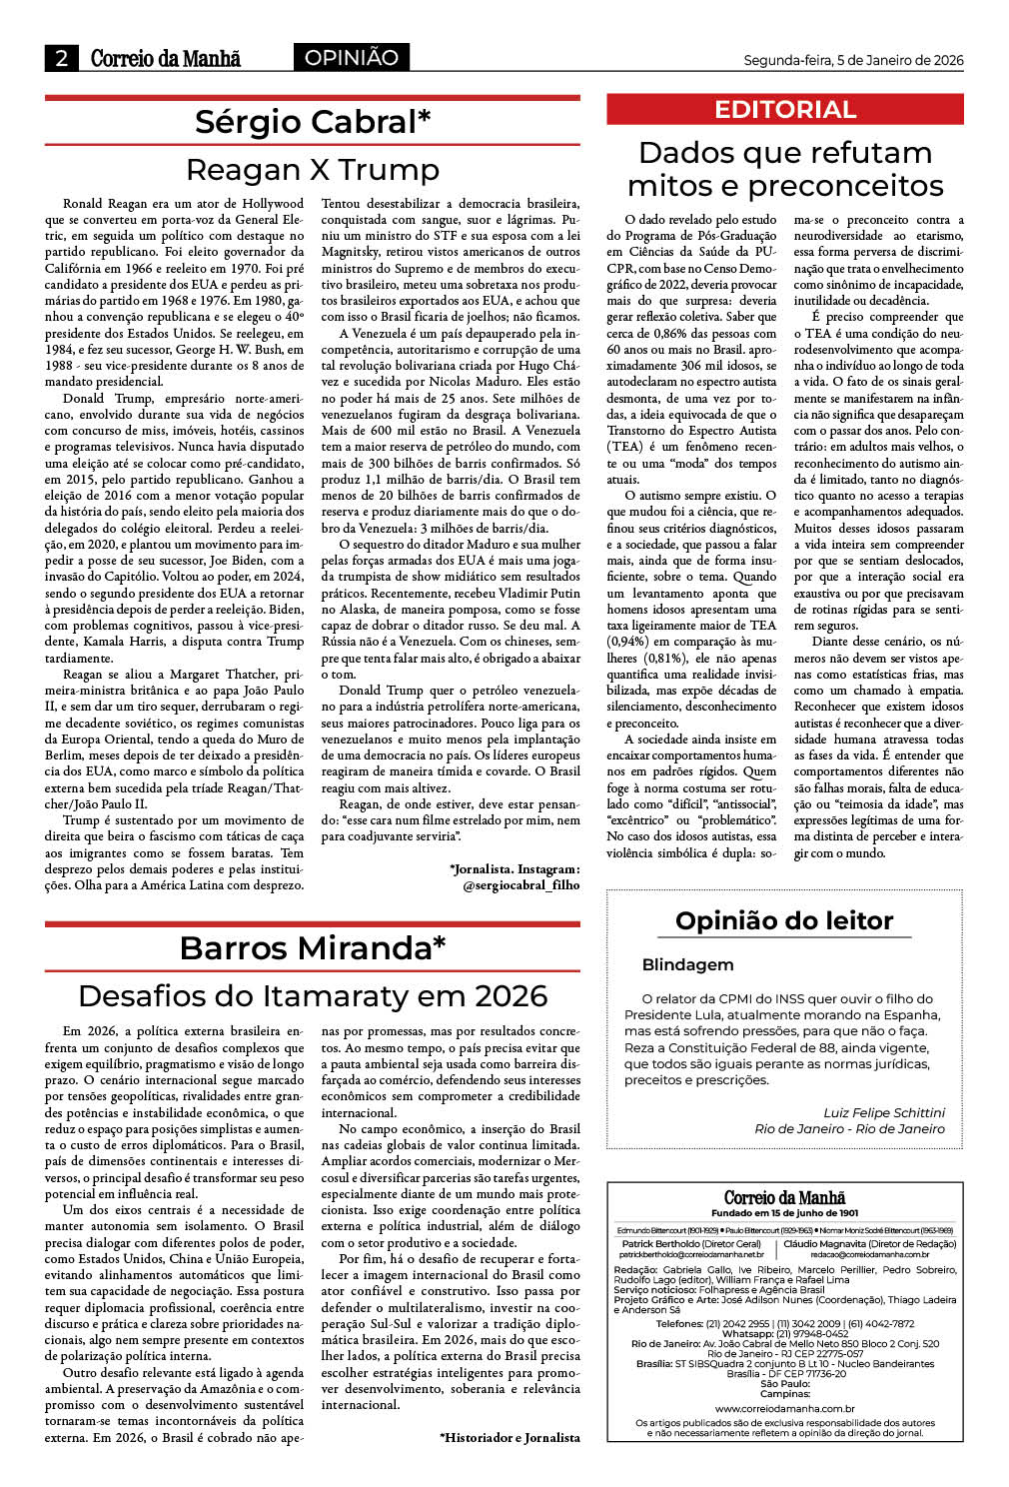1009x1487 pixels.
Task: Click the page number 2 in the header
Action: [61, 58]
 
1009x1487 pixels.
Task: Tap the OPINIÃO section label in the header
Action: [351, 58]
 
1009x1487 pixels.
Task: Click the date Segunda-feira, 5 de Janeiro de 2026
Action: [853, 60]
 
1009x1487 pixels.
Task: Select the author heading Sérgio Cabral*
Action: [313, 122]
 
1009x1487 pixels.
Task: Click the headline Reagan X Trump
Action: [313, 170]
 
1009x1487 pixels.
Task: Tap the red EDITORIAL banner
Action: [785, 110]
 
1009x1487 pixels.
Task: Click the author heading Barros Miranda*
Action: [313, 947]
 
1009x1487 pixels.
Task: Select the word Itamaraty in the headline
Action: [355, 996]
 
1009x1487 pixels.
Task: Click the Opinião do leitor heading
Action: [784, 920]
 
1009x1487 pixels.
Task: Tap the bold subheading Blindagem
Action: [687, 965]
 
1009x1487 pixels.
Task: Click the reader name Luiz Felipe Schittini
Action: [883, 1112]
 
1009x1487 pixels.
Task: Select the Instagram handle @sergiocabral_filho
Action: [520, 885]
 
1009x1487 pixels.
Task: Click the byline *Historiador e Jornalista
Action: [509, 1437]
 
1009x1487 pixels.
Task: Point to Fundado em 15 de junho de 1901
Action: [784, 1213]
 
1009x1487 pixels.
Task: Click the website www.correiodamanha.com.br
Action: [784, 1408]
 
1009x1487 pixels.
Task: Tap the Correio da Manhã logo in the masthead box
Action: [784, 1197]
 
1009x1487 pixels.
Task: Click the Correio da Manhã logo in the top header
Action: [166, 58]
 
